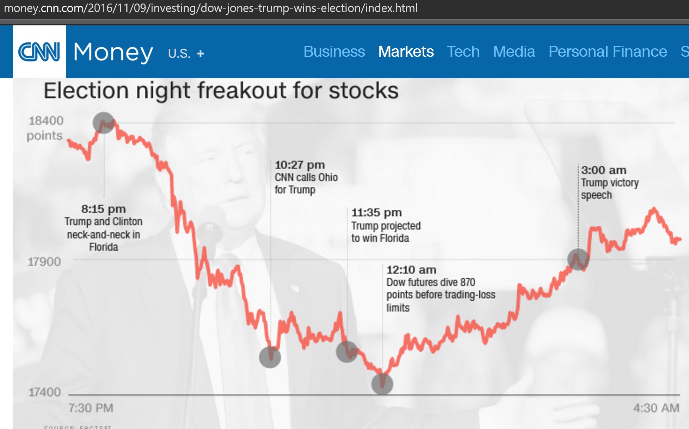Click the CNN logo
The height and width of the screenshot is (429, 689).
coord(39,52)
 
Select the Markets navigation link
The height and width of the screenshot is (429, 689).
coord(406,52)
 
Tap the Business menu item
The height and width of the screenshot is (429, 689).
coord(334,52)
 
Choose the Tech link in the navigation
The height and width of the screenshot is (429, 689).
coord(463,52)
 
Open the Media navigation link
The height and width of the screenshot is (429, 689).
coord(514,52)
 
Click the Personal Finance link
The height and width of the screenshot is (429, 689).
coord(608,52)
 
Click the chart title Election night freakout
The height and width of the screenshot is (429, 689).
coord(221,91)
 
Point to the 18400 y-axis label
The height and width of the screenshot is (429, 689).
coord(46,121)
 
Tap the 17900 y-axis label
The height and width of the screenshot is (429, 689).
coord(44,262)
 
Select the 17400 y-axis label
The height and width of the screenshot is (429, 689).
coord(44,392)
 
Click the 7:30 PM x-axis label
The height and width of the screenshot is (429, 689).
coord(91,408)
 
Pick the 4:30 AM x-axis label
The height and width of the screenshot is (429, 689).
coord(656,408)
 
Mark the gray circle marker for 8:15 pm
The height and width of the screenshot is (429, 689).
coord(104,123)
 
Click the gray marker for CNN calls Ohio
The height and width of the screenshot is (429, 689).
coord(270,357)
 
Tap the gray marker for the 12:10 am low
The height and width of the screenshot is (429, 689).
coord(382,384)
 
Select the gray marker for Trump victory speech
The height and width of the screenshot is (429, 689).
coord(578,259)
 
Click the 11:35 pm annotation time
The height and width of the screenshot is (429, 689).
coord(376,213)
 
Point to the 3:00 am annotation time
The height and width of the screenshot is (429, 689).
coord(604,170)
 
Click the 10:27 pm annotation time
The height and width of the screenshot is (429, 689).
coord(300,165)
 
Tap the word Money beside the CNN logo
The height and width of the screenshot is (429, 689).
coord(113,52)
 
